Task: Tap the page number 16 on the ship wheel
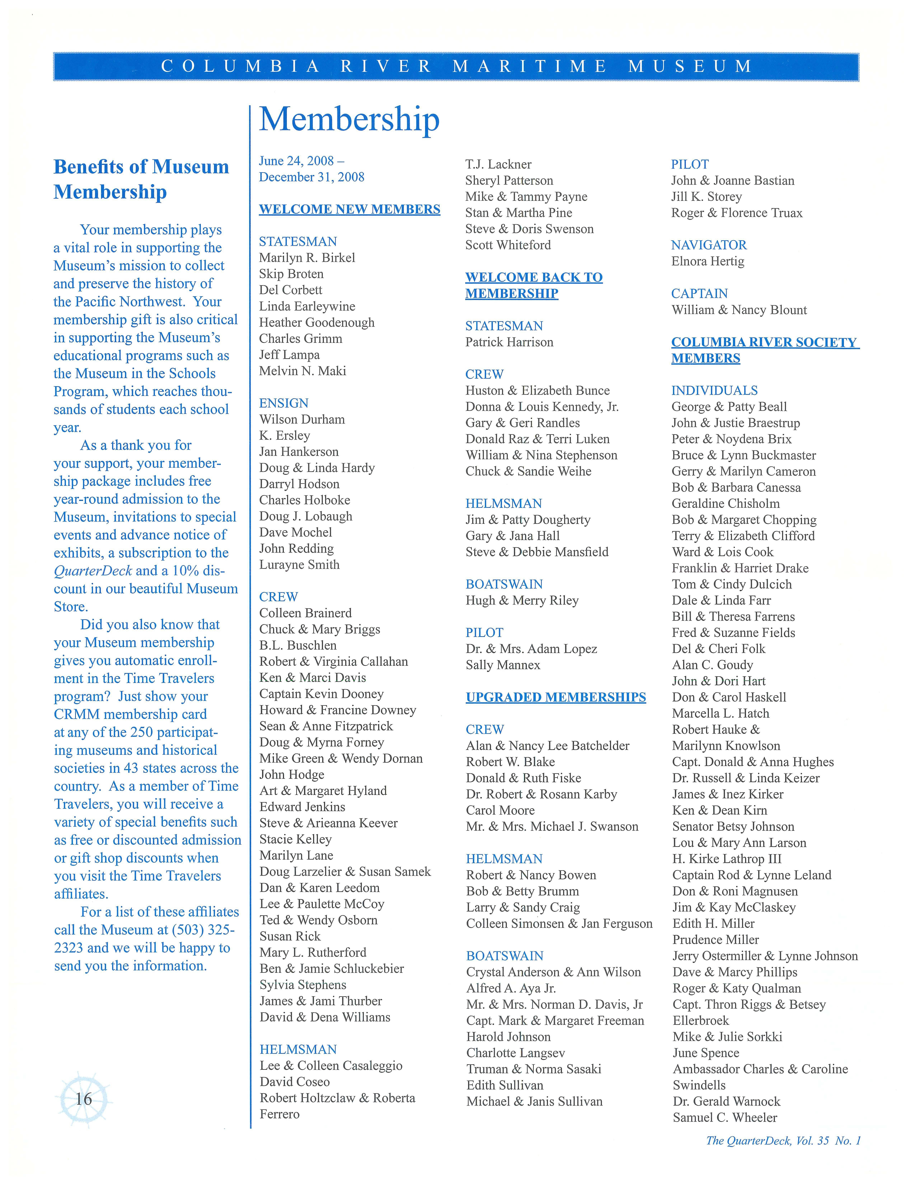point(83,1099)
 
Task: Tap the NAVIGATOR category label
point(708,245)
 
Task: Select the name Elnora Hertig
point(707,261)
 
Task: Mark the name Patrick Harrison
point(509,342)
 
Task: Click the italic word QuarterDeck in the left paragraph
point(93,571)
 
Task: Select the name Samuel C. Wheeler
point(725,1117)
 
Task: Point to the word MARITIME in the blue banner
point(530,67)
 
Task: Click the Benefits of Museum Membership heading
point(141,179)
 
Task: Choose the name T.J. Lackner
point(498,164)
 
